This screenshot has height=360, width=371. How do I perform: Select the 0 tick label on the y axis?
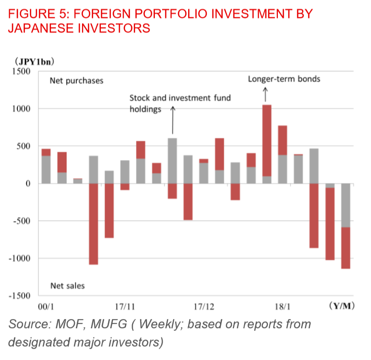click(28, 184)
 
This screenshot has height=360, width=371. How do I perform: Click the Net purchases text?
click(77, 81)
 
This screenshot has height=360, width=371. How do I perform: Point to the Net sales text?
click(68, 286)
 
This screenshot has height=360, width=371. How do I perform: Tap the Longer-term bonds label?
click(284, 79)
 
